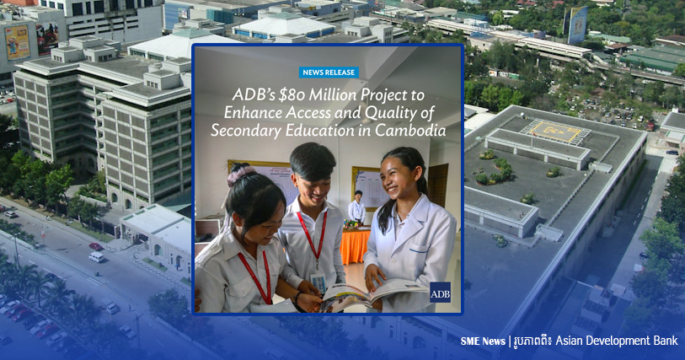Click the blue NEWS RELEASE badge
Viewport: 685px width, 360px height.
(x=329, y=73)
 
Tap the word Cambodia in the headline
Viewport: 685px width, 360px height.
(x=410, y=130)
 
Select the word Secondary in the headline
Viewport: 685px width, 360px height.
(x=246, y=131)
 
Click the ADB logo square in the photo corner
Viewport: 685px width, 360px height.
(x=440, y=293)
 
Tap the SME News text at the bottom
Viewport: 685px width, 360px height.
(x=483, y=341)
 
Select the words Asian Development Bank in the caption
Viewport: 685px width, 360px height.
(x=617, y=341)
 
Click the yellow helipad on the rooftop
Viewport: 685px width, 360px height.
(x=555, y=131)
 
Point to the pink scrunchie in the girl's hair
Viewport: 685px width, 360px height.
(x=241, y=175)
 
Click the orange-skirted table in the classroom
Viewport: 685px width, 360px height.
(x=355, y=245)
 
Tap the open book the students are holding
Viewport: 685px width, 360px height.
(x=372, y=295)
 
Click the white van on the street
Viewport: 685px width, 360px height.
(x=97, y=257)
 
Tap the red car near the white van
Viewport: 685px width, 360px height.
(x=96, y=246)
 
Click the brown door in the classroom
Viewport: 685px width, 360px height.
(x=438, y=185)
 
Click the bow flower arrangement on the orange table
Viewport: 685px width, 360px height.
(x=351, y=224)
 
